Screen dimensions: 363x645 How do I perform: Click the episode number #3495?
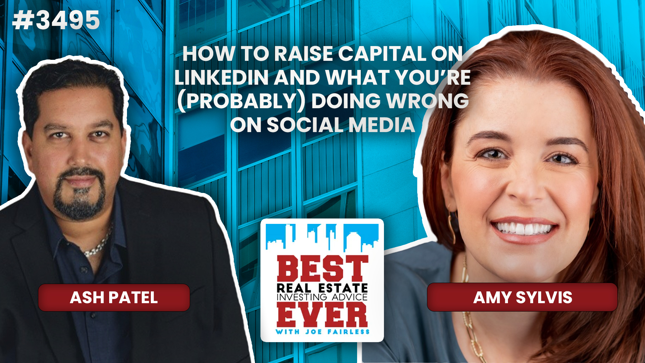pyautogui.click(x=56, y=20)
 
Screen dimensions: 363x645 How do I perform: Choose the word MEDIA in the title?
pyautogui.click(x=382, y=125)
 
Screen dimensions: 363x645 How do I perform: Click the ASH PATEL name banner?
pyautogui.click(x=114, y=297)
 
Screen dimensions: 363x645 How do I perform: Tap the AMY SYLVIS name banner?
pyautogui.click(x=522, y=297)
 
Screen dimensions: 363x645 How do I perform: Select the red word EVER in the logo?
pyautogui.click(x=322, y=315)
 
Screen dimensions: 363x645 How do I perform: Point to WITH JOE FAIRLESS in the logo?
pyautogui.click(x=322, y=332)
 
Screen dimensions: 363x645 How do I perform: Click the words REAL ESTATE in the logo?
pyautogui.click(x=322, y=288)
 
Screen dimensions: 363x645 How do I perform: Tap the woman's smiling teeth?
pyautogui.click(x=523, y=229)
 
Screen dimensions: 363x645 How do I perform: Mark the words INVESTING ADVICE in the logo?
pyautogui.click(x=322, y=297)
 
